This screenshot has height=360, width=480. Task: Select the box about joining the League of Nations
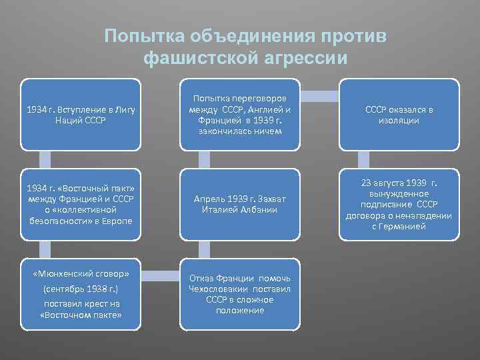click(x=80, y=115)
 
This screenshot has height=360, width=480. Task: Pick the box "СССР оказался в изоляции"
click(x=399, y=115)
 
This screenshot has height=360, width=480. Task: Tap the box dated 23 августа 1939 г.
click(x=399, y=205)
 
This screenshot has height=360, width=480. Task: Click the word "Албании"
click(x=260, y=210)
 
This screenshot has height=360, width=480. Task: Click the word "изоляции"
click(x=399, y=120)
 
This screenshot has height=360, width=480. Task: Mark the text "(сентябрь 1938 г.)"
click(x=81, y=289)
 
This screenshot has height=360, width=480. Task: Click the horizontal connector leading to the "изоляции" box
click(x=320, y=95)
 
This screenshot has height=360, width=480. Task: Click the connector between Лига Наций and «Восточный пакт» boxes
click(x=45, y=159)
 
